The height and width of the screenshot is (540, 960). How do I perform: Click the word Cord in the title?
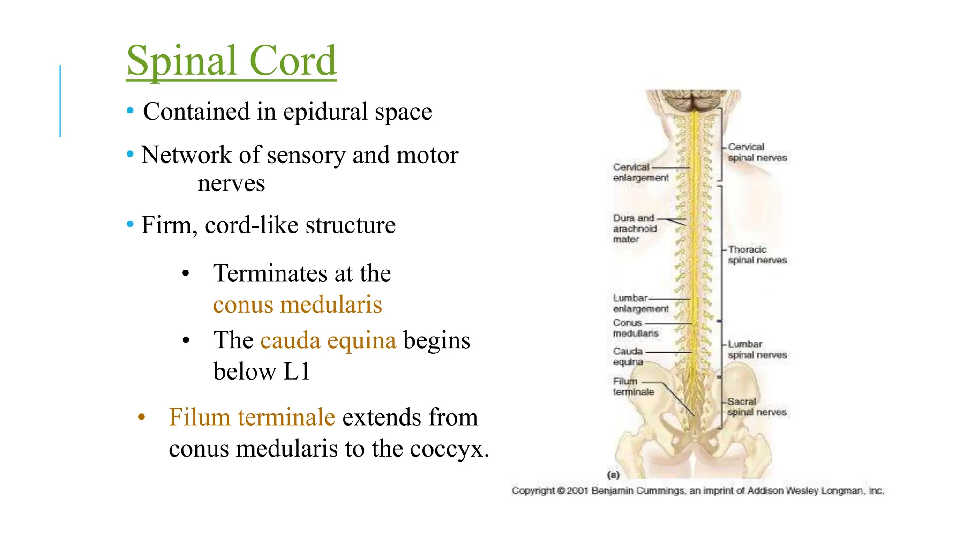point(292,61)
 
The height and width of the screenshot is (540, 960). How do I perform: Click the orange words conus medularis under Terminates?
point(297,305)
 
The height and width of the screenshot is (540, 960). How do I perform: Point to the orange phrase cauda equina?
point(328,341)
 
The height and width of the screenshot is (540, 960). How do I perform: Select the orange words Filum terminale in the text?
point(252,418)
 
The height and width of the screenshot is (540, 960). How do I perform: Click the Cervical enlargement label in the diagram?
point(640,172)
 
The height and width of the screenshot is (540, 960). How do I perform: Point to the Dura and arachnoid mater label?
point(635,229)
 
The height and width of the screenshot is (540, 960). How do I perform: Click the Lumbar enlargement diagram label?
point(640,303)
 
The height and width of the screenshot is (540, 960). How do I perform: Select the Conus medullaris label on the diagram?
point(635,328)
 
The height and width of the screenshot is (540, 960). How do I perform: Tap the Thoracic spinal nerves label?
point(757,255)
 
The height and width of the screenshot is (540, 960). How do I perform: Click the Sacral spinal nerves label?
point(756,407)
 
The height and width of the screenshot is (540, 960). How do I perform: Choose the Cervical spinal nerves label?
point(757,152)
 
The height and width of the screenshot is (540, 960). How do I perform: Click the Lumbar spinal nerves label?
point(757,350)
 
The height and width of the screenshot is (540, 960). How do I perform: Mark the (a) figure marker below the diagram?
point(613,475)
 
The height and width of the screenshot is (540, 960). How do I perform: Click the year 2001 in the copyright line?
point(577,491)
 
